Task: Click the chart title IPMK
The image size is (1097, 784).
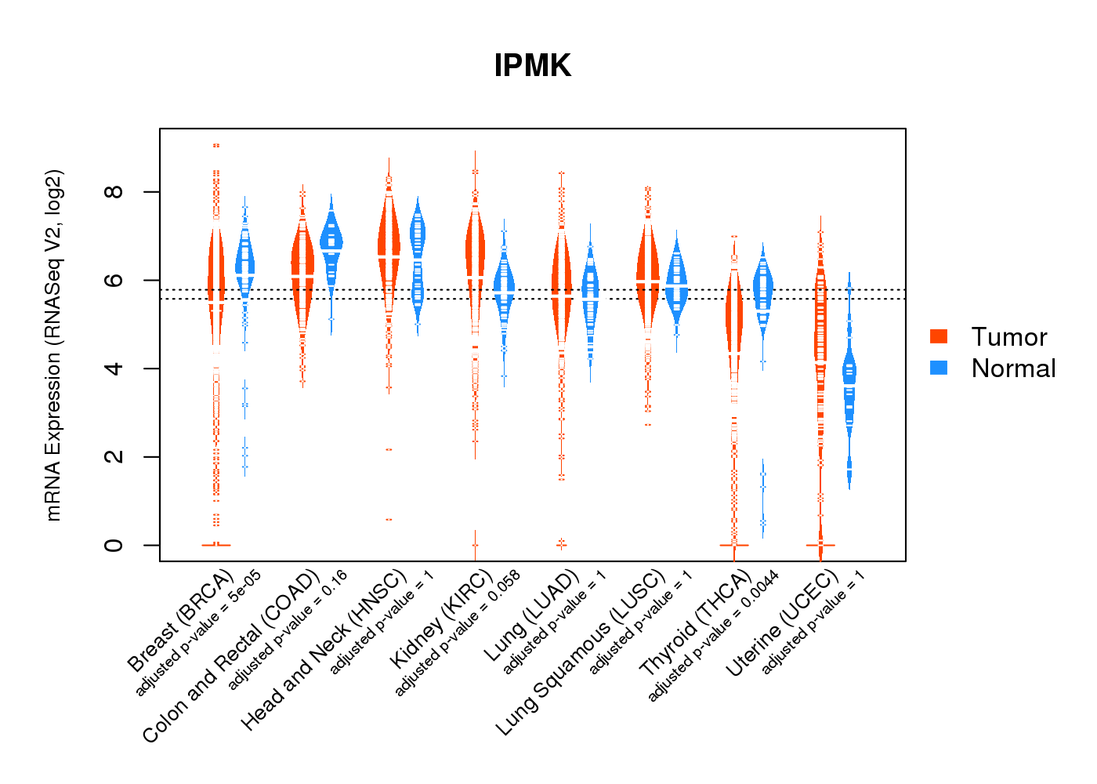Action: (x=532, y=66)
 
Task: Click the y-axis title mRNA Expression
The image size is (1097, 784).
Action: (x=53, y=345)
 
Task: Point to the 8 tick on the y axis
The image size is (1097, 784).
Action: (x=114, y=192)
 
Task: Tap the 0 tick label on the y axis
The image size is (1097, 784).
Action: (x=114, y=545)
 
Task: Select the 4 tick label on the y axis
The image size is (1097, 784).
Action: (x=114, y=368)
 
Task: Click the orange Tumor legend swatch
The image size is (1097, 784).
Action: (x=939, y=336)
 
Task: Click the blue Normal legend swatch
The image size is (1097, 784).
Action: (x=939, y=368)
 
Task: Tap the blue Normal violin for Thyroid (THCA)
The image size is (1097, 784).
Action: (x=762, y=290)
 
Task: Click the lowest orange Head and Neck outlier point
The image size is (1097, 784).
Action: (x=389, y=520)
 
